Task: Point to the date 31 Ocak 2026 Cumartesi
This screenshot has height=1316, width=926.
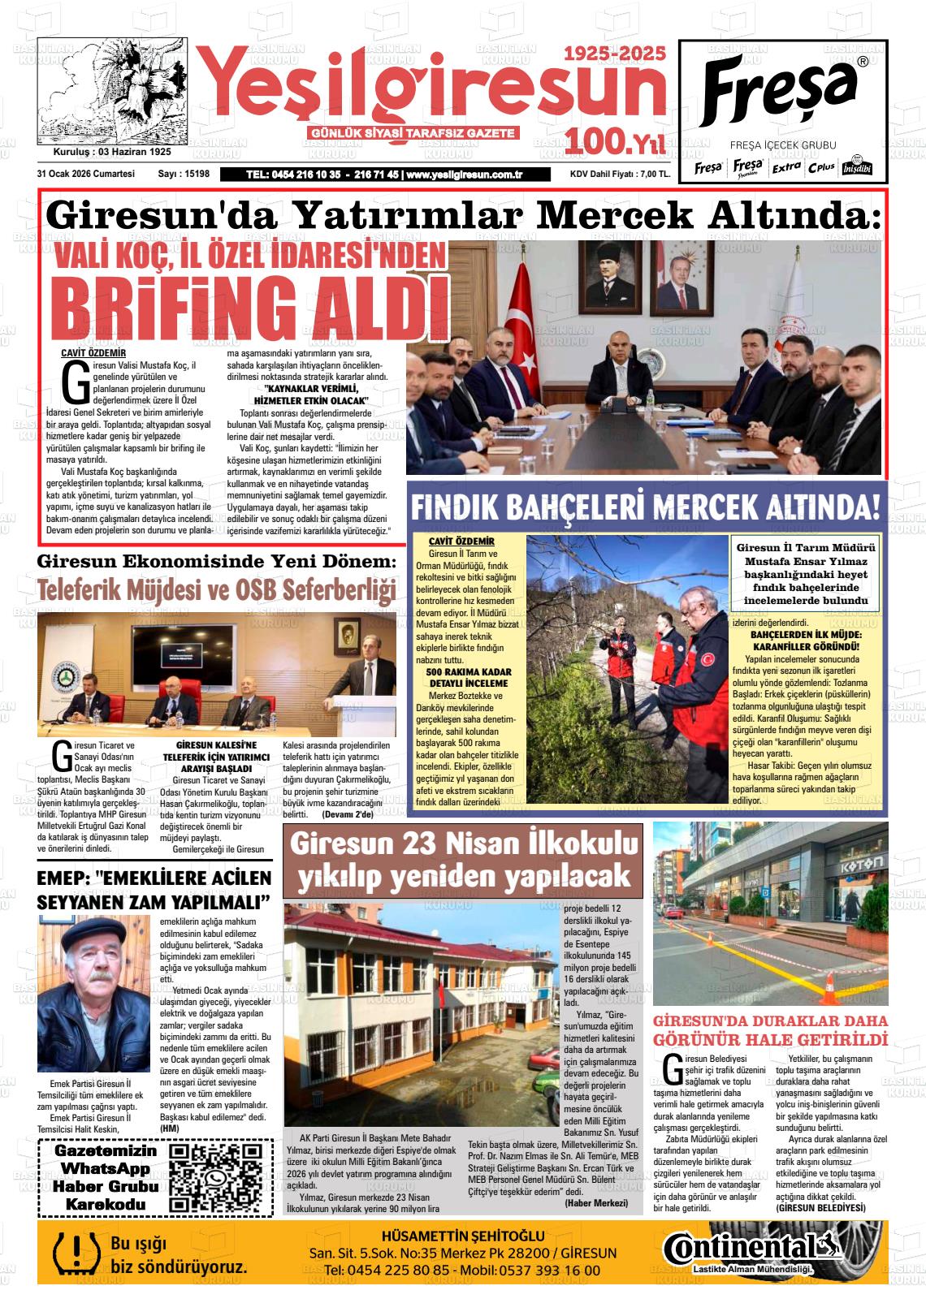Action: click(85, 174)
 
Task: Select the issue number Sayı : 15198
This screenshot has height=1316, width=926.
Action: click(184, 174)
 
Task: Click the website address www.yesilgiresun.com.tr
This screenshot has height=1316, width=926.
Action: click(464, 175)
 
